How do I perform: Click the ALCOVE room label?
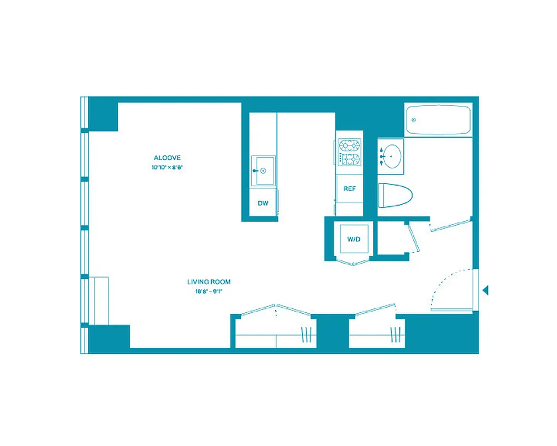[167, 158]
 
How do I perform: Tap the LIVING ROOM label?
[209, 282]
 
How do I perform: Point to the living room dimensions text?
[209, 291]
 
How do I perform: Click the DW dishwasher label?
[263, 203]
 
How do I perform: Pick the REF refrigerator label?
[349, 189]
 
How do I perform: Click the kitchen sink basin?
[263, 171]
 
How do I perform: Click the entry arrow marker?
[485, 290]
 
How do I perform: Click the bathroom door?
[451, 224]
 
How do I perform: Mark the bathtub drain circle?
[414, 120]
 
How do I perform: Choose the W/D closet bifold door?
[353, 263]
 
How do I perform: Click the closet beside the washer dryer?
[392, 239]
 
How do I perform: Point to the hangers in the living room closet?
[306, 334]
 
